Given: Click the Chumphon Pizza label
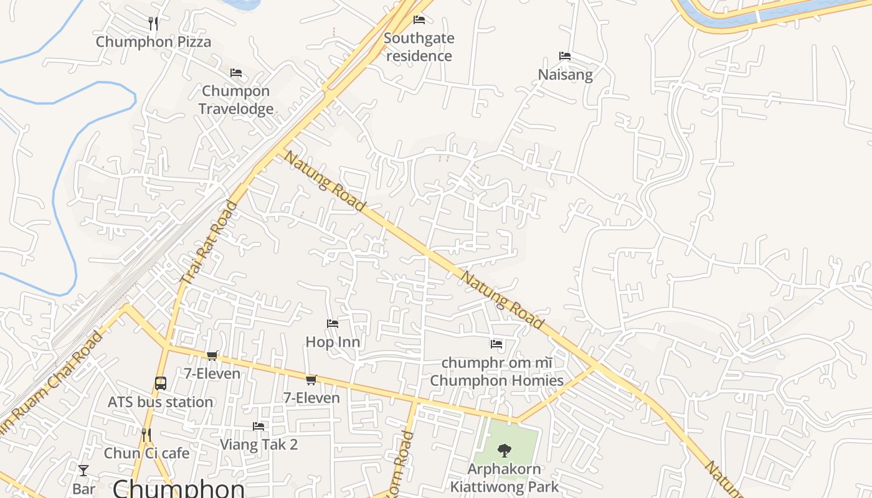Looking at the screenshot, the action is (x=153, y=42).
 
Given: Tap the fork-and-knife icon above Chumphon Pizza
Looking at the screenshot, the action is (x=153, y=24).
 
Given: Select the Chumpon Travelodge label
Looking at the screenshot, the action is (x=236, y=100).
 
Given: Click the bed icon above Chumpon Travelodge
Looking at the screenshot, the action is (x=236, y=73).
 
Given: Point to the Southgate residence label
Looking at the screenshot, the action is (x=419, y=47).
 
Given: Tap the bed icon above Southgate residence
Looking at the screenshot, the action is (x=419, y=20).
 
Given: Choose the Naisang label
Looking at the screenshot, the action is (x=565, y=75).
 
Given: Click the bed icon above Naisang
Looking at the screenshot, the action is (x=565, y=56).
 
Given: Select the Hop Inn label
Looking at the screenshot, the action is (x=333, y=342).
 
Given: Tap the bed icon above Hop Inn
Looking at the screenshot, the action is (x=333, y=324).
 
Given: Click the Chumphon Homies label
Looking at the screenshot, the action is (x=496, y=380).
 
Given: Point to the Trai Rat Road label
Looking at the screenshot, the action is (x=209, y=243).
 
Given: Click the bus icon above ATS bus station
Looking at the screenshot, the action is (x=161, y=383).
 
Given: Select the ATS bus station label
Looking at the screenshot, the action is (x=161, y=402).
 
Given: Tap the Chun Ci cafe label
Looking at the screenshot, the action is (x=146, y=453).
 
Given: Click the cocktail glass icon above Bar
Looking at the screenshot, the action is (x=83, y=471).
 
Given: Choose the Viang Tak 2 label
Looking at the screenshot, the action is (x=258, y=444).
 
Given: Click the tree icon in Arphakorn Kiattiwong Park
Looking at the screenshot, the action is (x=505, y=450).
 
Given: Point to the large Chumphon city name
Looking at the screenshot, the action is (x=178, y=488).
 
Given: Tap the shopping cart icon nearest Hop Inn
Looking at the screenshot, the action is (x=311, y=380).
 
